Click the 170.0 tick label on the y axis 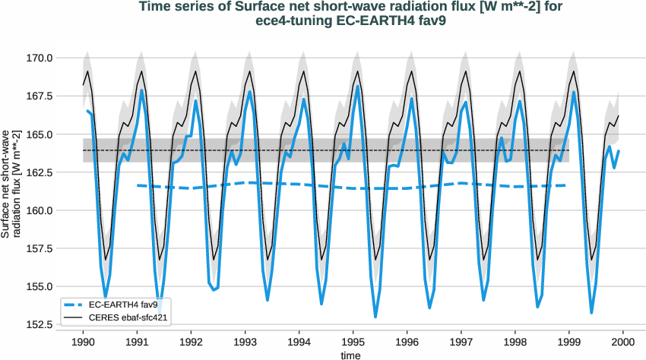point(39,58)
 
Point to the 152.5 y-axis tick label point(39,324)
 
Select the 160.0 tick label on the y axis point(39,210)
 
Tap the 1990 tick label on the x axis point(83,342)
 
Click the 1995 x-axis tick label point(353,342)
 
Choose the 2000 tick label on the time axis point(623,342)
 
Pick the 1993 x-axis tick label point(245,342)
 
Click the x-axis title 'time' point(351,354)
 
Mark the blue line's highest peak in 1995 point(357,86)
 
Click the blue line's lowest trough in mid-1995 point(375,317)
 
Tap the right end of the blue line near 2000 point(619,151)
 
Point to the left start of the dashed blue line point(138,185)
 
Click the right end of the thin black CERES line point(619,116)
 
